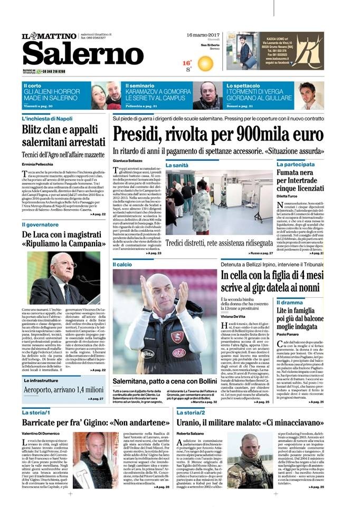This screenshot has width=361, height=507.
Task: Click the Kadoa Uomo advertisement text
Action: pyautogui.click(x=296, y=46)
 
